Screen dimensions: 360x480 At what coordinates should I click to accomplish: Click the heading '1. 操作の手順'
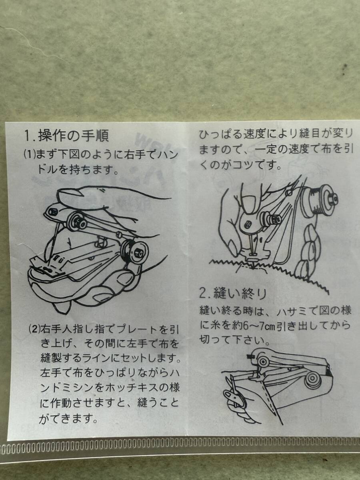[x=66, y=136]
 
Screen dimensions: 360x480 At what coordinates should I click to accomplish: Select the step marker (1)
[x=30, y=155]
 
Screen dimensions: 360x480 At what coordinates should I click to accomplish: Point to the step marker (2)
[x=34, y=330]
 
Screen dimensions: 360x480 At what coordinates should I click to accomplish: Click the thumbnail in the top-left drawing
[x=68, y=193]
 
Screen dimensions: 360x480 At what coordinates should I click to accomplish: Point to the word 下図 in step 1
[x=71, y=155]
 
